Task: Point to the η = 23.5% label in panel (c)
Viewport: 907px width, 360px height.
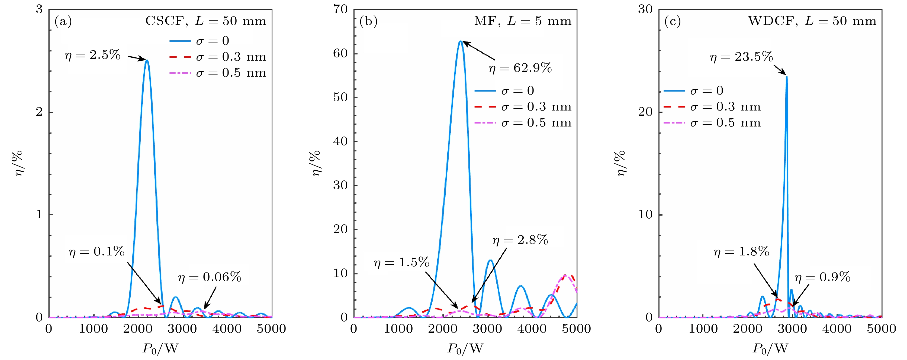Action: [x=741, y=57]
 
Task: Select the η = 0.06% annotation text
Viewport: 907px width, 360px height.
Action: [x=210, y=277]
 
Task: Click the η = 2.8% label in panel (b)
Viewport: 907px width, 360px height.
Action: [x=520, y=240]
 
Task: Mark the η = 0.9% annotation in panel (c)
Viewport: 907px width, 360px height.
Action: [x=822, y=277]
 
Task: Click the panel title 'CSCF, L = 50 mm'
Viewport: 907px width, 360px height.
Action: [x=206, y=21]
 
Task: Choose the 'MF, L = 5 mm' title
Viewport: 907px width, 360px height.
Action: [x=523, y=21]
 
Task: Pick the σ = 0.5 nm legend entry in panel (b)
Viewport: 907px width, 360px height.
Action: [x=523, y=123]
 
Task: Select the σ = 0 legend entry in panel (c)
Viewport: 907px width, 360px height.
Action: [x=694, y=91]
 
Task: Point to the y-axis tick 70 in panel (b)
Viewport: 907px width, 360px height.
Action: [x=340, y=9]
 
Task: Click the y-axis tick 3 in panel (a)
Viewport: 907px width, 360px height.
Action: [x=39, y=9]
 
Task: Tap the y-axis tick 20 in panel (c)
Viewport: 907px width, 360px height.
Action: [x=645, y=112]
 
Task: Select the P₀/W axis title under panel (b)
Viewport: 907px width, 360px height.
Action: [x=465, y=348]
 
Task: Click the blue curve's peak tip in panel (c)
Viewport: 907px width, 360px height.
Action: [x=787, y=77]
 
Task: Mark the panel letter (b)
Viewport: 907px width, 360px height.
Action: [x=368, y=21]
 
